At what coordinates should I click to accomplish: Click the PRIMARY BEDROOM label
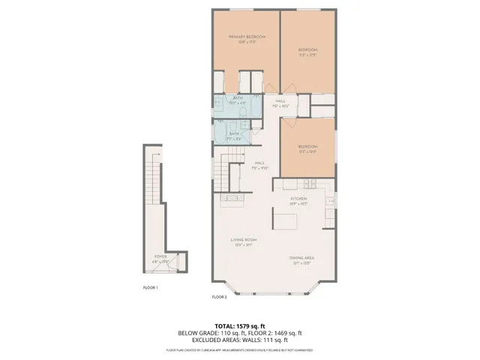[247, 37]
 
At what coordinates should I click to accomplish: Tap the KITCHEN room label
[299, 199]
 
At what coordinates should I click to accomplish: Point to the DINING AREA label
[301, 258]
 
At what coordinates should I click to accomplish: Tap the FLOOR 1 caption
[151, 287]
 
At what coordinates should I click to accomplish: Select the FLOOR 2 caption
[219, 297]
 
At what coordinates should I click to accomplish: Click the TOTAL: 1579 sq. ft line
[239, 326]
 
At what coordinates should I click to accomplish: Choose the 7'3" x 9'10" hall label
[259, 166]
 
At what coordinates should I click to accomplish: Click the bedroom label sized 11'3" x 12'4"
[307, 148]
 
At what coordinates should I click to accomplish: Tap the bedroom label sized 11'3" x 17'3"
[307, 51]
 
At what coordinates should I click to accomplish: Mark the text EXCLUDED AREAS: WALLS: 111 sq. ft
[239, 340]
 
